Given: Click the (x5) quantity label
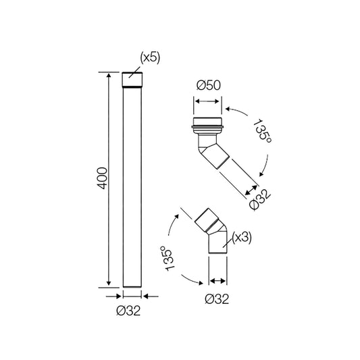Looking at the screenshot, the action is (x=150, y=57).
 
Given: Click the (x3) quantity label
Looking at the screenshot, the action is (x=242, y=237).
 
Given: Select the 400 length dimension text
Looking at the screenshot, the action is (x=102, y=178).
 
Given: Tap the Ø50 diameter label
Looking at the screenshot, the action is (x=209, y=85).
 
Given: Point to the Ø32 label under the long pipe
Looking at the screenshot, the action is (x=128, y=311).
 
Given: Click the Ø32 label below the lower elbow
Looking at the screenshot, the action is (x=217, y=299).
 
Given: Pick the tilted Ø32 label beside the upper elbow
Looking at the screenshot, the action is (x=260, y=199).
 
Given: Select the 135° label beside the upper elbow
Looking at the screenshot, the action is (x=262, y=131).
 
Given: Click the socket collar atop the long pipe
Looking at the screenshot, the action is (x=132, y=80).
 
